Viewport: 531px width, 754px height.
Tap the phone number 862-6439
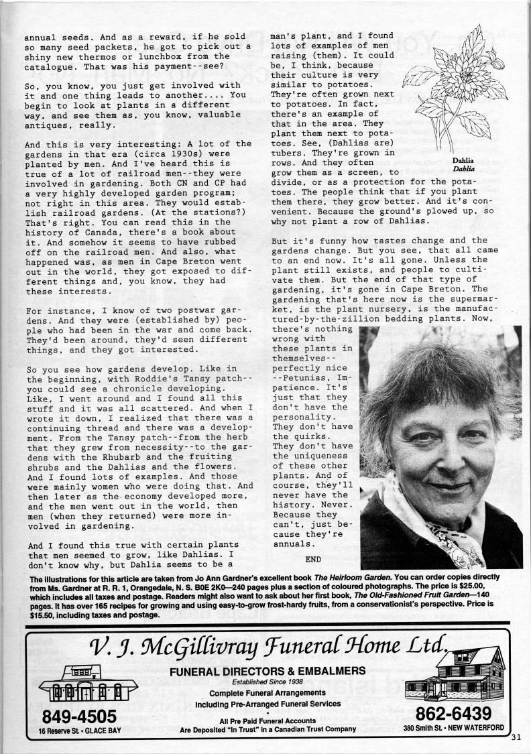coord(453,712)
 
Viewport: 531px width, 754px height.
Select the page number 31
coord(515,739)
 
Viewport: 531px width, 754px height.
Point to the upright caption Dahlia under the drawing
coord(463,161)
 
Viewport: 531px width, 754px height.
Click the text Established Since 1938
coord(268,682)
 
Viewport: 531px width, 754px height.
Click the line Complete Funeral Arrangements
coord(267,693)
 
